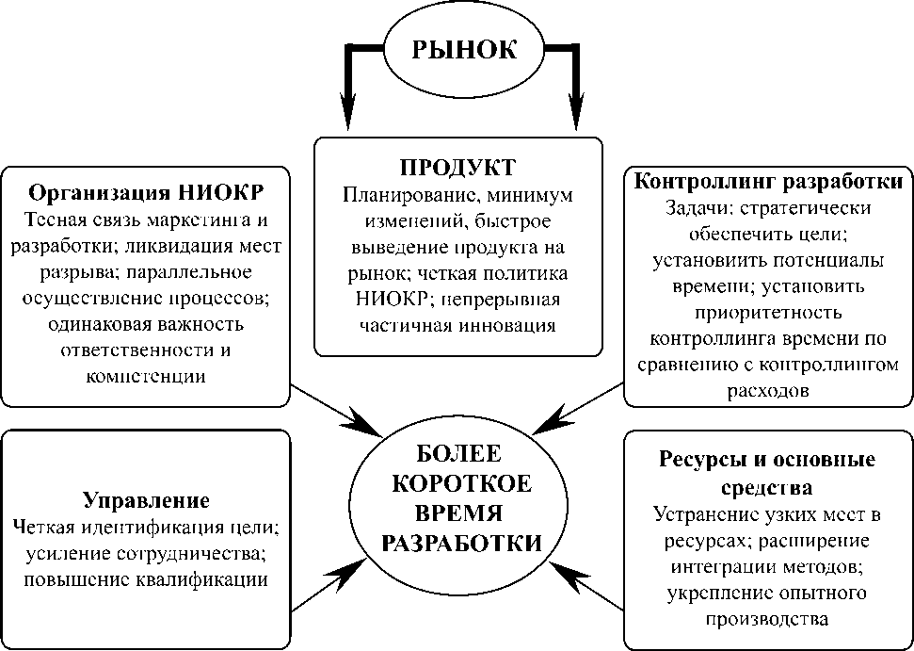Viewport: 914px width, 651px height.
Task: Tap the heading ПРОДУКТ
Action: (458, 168)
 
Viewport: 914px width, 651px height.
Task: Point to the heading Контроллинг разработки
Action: (770, 181)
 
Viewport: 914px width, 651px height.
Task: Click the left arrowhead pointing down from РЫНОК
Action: (349, 111)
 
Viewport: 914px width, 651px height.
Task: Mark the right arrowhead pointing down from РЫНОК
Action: (576, 111)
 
